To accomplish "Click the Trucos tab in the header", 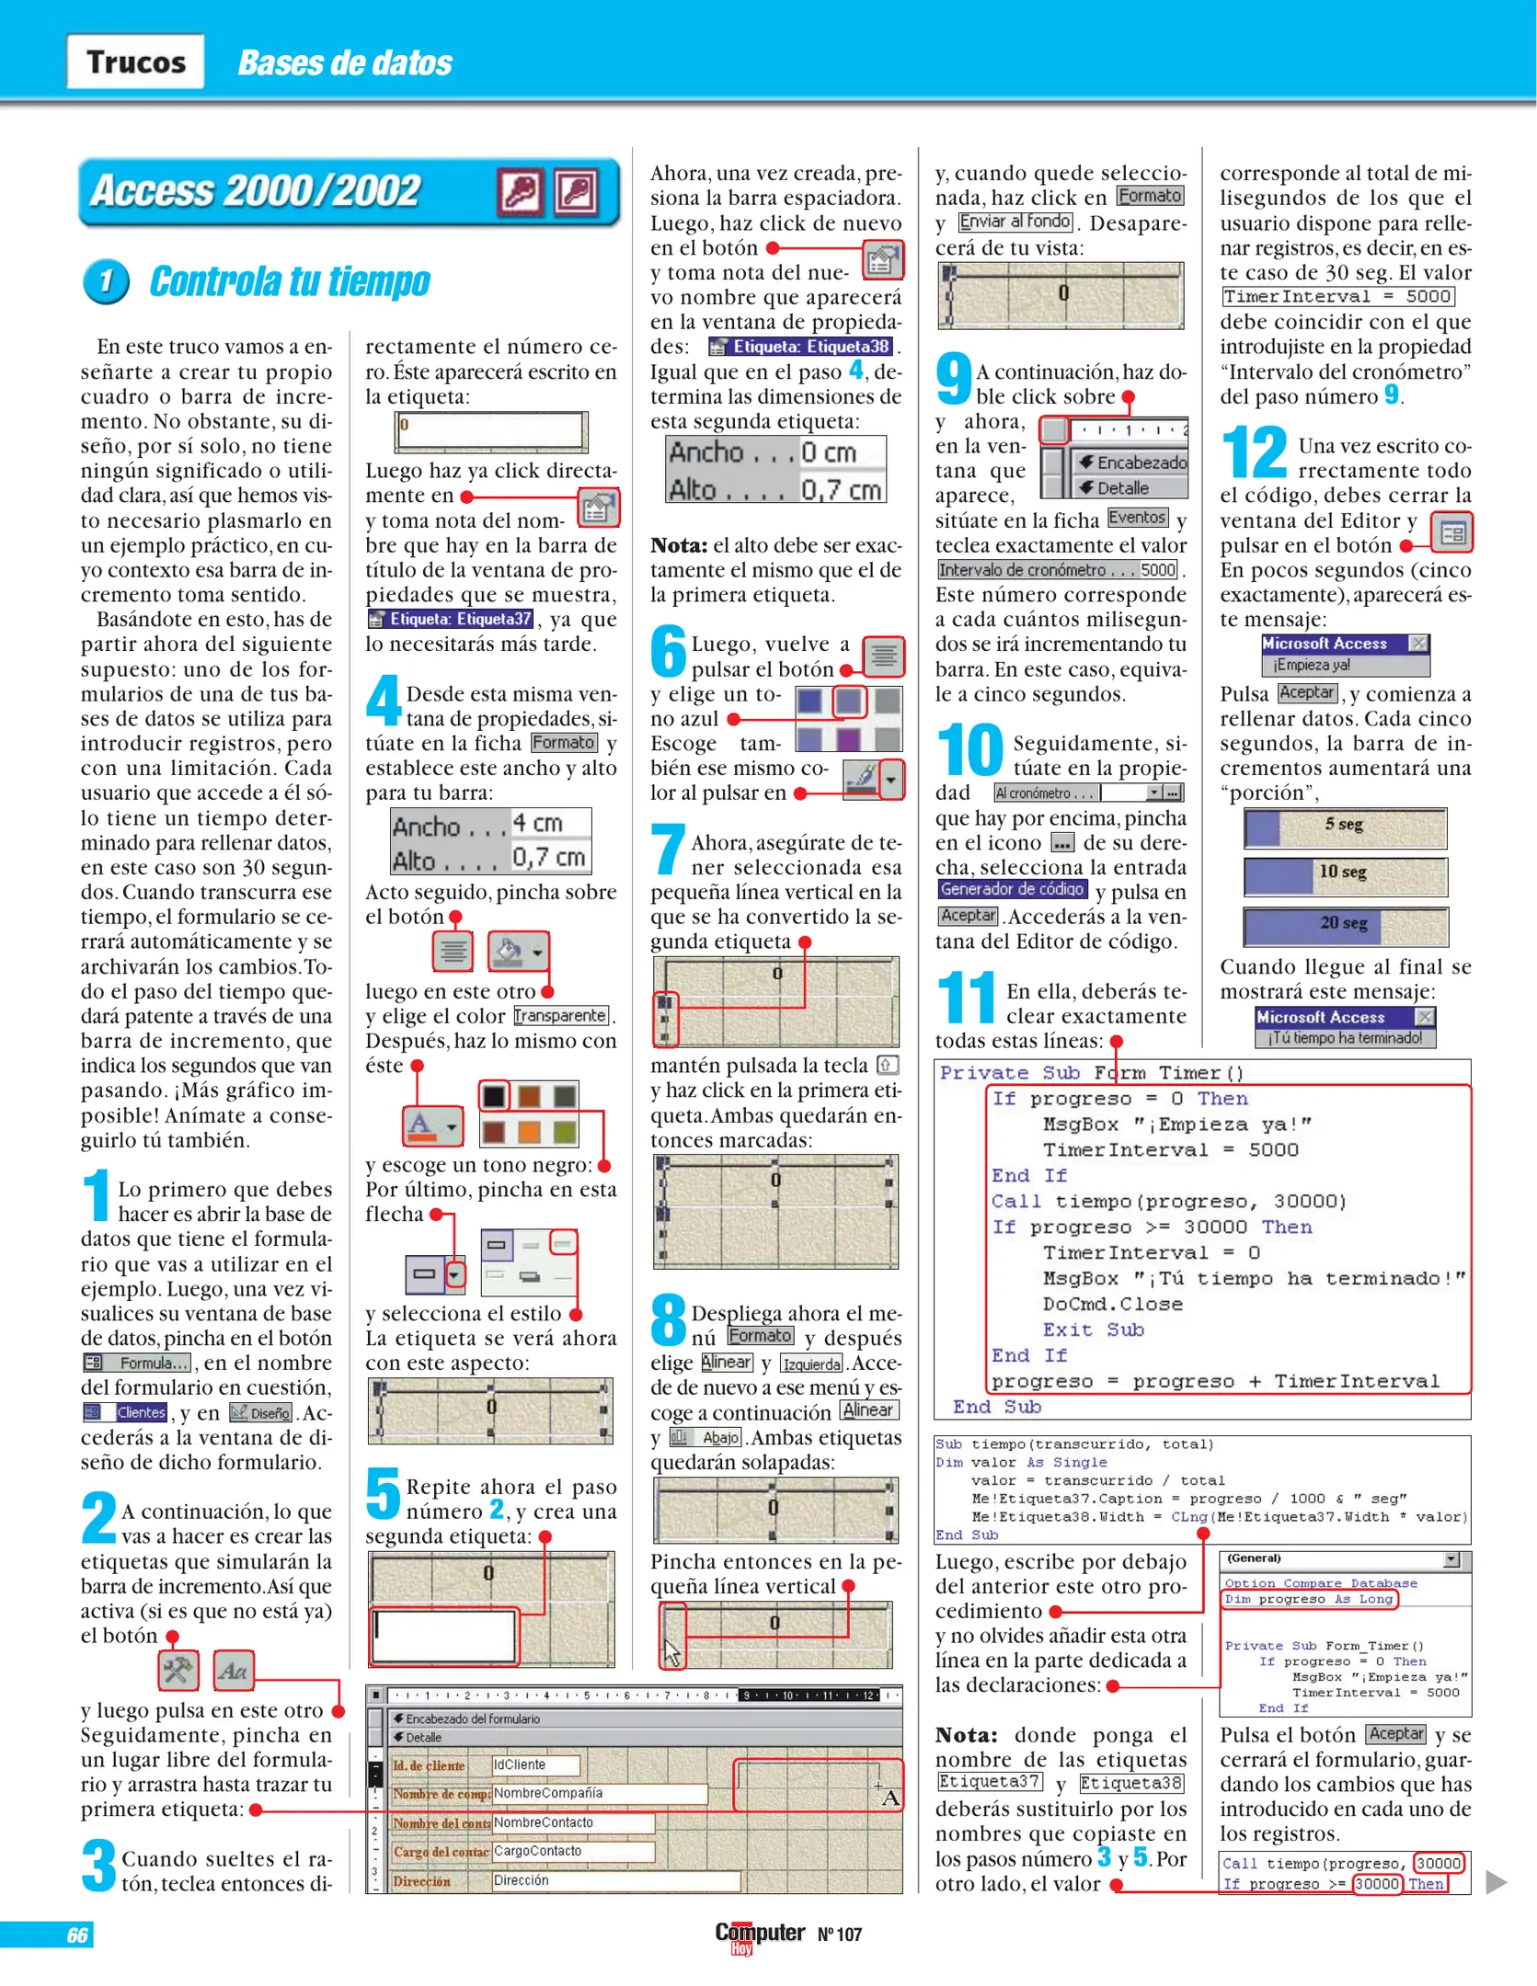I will pyautogui.click(x=135, y=62).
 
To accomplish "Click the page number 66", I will pyautogui.click(x=77, y=1935).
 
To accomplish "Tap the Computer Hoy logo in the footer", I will pyautogui.click(x=759, y=1935).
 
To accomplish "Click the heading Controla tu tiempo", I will pyautogui.click(x=289, y=281).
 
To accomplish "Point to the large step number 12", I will pyautogui.click(x=1254, y=452).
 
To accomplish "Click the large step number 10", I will pyautogui.click(x=969, y=749).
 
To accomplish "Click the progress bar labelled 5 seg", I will pyautogui.click(x=1345, y=827).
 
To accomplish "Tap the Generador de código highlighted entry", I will pyautogui.click(x=1012, y=889).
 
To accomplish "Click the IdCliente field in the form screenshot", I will pyautogui.click(x=535, y=1764).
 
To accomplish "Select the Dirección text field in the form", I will pyautogui.click(x=614, y=1880).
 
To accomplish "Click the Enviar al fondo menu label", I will pyautogui.click(x=1015, y=222).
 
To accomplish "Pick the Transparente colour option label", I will pyautogui.click(x=560, y=1016).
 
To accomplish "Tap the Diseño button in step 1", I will pyautogui.click(x=261, y=1412).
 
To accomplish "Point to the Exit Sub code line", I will pyautogui.click(x=1093, y=1330).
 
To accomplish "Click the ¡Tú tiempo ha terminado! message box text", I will pyautogui.click(x=1345, y=1038).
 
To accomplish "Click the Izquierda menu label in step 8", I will pyautogui.click(x=811, y=1364).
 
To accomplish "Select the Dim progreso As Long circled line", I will pyautogui.click(x=1309, y=1599).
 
